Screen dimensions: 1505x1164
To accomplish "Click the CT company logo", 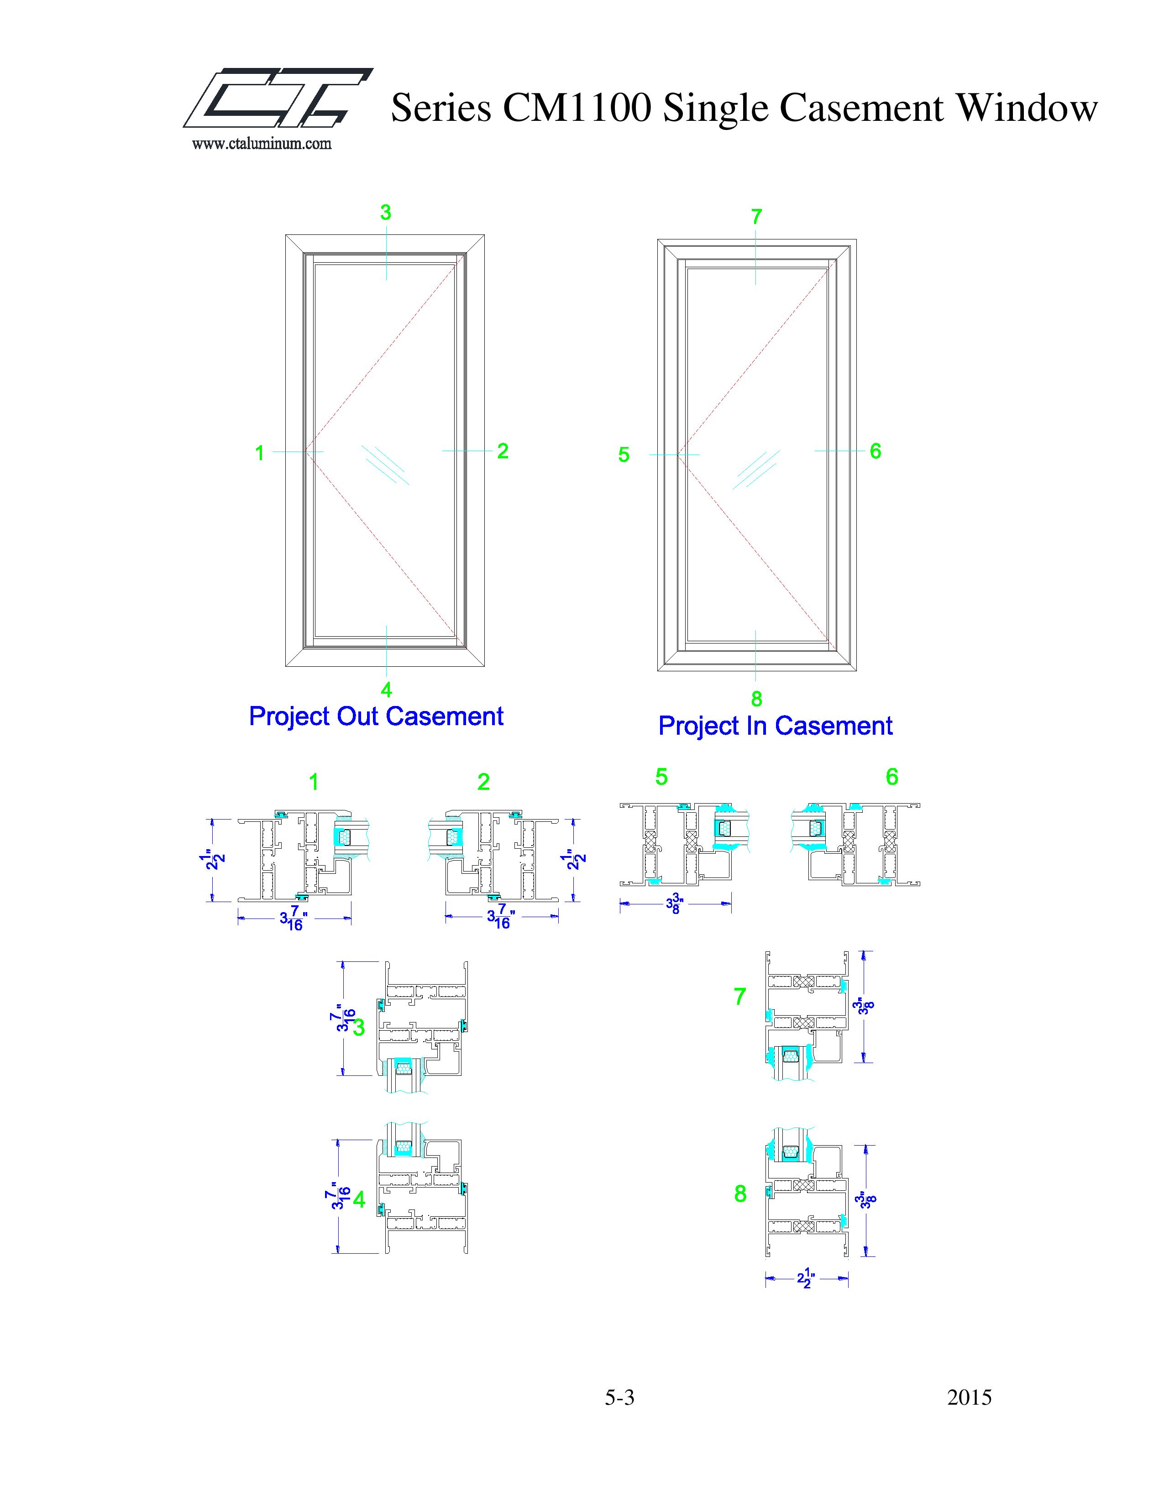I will click(x=278, y=98).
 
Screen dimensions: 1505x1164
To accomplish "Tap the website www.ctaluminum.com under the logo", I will click(x=262, y=144).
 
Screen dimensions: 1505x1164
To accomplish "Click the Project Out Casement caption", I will click(x=376, y=716).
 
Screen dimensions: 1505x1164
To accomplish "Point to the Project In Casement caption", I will click(x=775, y=727).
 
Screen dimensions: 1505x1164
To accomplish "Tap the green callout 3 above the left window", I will click(x=385, y=213).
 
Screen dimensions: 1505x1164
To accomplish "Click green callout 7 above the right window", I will click(x=756, y=217).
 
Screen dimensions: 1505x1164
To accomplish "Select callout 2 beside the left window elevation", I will click(x=503, y=451).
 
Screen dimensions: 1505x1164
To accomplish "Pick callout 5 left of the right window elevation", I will click(x=624, y=455).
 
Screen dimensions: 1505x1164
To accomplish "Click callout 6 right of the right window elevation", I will click(x=875, y=451).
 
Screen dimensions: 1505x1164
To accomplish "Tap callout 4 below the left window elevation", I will click(x=386, y=690).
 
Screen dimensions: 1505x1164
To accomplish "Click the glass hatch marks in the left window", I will click(x=386, y=464).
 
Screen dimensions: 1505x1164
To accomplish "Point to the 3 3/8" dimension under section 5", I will click(x=676, y=903).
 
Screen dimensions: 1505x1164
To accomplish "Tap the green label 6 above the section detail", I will click(x=891, y=777).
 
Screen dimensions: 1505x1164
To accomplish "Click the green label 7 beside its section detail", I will click(x=740, y=996).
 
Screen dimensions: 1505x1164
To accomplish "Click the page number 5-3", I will click(x=619, y=1397).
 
